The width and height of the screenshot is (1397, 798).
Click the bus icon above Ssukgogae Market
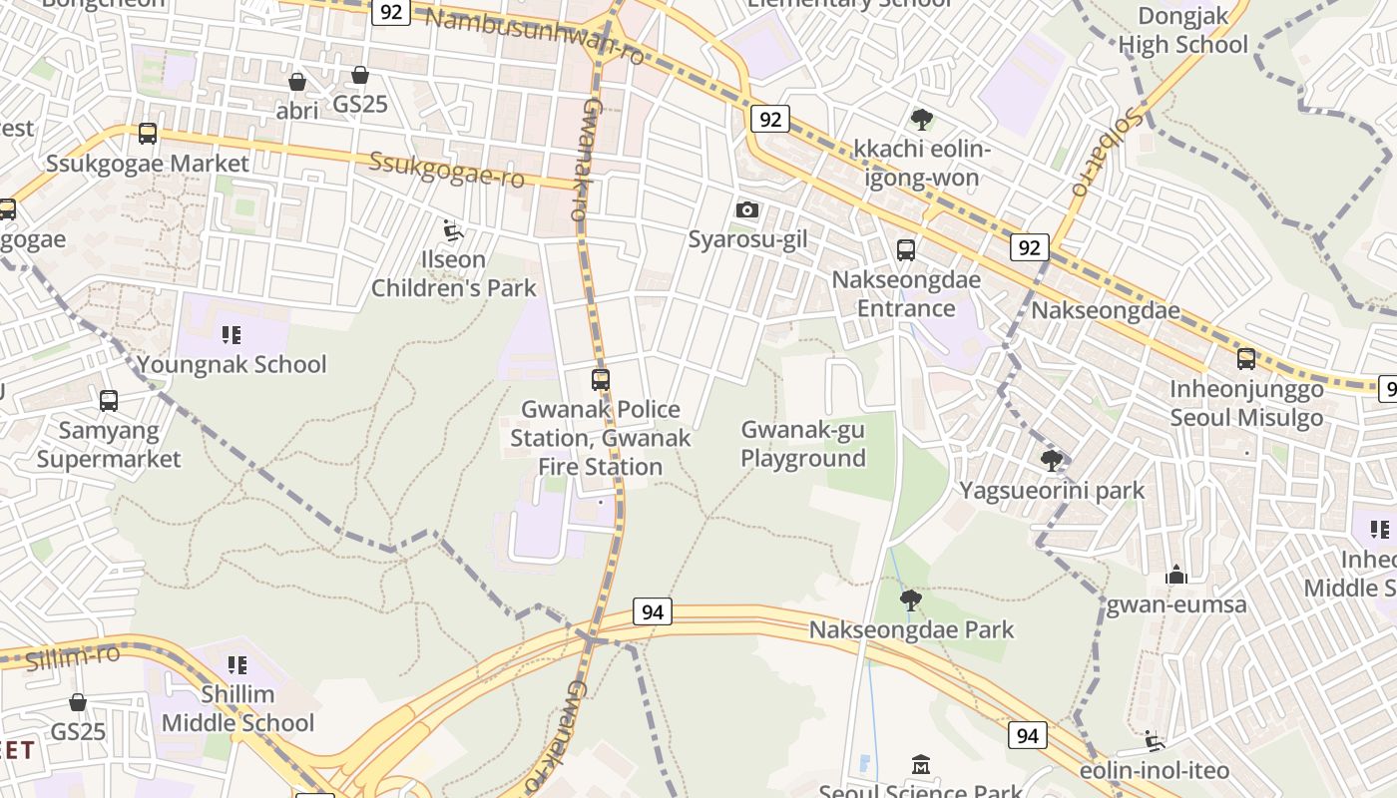tap(148, 133)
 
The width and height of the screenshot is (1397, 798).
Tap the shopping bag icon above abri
tap(296, 81)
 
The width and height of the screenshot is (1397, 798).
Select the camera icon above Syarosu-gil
tap(746, 209)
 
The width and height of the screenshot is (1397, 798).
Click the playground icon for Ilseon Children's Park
tap(453, 230)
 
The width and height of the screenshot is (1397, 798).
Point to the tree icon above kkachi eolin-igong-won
tap(922, 120)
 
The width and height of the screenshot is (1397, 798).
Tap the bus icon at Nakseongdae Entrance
tap(906, 250)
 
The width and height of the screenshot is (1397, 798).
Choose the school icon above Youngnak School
tap(233, 335)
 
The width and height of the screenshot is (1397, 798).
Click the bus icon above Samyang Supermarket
tap(109, 401)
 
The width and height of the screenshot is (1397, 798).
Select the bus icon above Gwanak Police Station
tap(601, 380)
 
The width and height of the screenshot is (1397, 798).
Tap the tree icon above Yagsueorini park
tap(1051, 460)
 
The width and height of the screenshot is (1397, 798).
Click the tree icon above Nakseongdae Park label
tap(910, 599)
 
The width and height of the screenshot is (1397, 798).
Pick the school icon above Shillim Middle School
tap(236, 664)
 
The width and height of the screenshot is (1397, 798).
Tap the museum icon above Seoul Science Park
tap(921, 765)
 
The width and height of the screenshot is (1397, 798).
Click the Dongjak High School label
tap(1182, 30)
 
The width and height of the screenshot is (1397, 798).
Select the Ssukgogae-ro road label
tap(446, 170)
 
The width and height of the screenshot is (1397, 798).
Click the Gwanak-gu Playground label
tap(802, 444)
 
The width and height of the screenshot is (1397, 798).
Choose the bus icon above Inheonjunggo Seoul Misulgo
tap(1246, 359)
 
